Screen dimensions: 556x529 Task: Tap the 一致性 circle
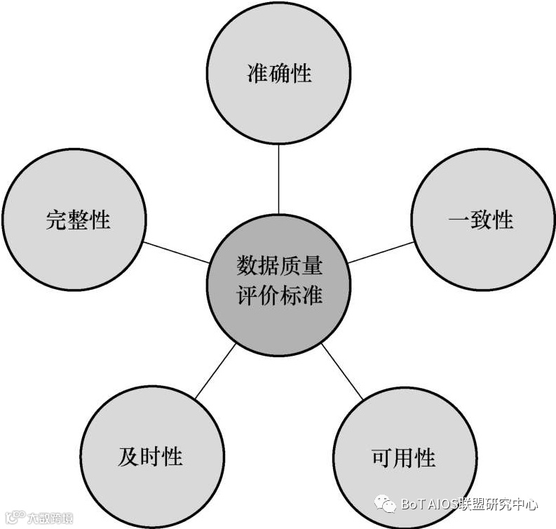point(481,220)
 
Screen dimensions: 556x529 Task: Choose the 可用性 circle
point(403,457)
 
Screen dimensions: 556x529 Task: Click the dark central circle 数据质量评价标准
point(279,281)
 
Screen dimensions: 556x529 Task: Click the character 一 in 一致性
point(459,220)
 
